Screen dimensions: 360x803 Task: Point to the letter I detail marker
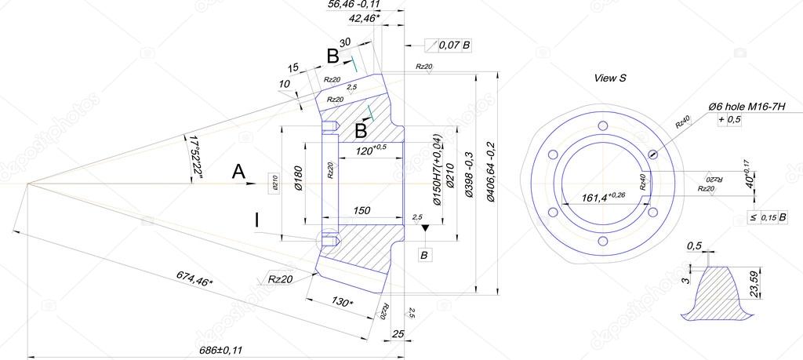[x=256, y=221]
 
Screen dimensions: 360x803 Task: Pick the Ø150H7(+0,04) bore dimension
[x=437, y=170]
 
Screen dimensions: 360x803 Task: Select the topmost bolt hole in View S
[x=602, y=128]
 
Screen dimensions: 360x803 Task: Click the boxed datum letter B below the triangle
[x=424, y=256]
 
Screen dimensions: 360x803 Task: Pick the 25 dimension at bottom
[x=397, y=335]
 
